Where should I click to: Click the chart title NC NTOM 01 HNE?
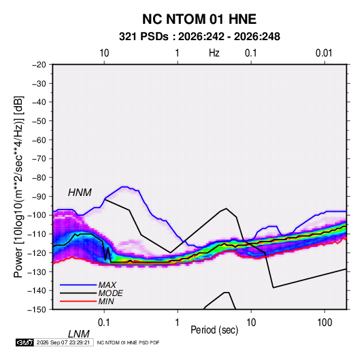click(x=199, y=19)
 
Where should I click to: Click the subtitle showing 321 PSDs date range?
click(x=199, y=37)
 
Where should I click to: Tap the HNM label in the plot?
click(x=80, y=193)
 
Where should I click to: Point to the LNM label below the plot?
click(x=78, y=334)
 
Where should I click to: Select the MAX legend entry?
click(x=107, y=284)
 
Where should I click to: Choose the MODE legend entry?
click(x=110, y=293)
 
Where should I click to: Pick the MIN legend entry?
click(x=106, y=301)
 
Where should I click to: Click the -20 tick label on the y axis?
click(x=39, y=65)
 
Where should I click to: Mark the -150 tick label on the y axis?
click(x=37, y=310)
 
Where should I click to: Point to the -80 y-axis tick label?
click(x=39, y=178)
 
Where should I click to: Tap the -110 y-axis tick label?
click(x=37, y=234)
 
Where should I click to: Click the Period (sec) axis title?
click(x=214, y=330)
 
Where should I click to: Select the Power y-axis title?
click(x=18, y=186)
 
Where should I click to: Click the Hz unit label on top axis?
click(x=214, y=53)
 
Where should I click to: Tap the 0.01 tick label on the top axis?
click(x=324, y=53)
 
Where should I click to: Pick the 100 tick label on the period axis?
click(x=325, y=323)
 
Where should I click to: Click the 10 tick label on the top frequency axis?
click(x=104, y=53)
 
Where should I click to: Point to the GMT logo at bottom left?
click(x=24, y=342)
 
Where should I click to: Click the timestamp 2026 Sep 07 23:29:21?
click(x=63, y=342)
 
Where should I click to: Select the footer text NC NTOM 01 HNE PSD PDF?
click(x=128, y=342)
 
